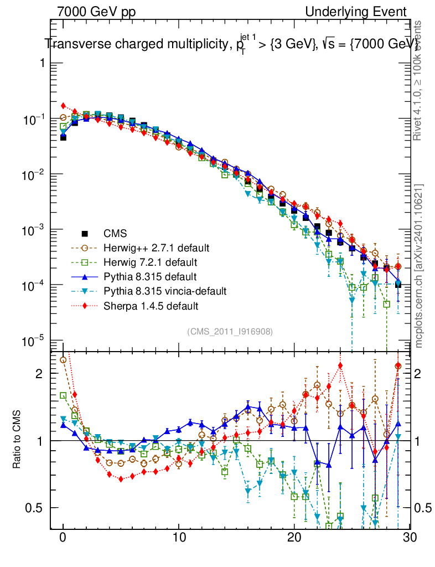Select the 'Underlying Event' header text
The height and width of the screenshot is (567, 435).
point(356,12)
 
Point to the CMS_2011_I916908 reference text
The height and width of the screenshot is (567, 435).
point(230,331)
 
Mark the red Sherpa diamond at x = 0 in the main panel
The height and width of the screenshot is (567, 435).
point(63,105)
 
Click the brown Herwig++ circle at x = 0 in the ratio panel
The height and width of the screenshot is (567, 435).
point(63,360)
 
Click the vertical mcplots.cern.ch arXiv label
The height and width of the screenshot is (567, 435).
point(419,266)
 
